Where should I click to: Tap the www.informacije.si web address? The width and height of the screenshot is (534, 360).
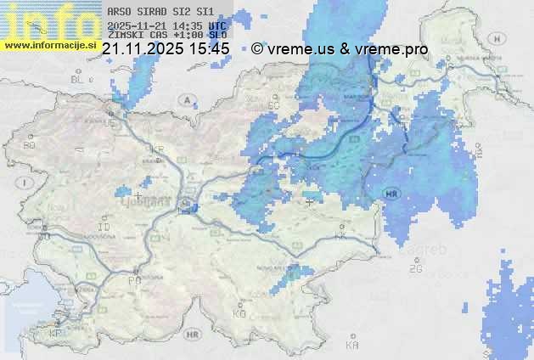50,45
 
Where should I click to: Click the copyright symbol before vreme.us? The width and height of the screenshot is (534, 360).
257,49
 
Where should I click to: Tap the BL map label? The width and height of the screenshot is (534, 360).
79,79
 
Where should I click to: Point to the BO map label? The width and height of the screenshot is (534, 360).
29,146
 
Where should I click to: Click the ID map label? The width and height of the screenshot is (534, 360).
104,228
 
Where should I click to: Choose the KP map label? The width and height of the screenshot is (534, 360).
55,333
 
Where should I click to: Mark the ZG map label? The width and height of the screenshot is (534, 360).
415,269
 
